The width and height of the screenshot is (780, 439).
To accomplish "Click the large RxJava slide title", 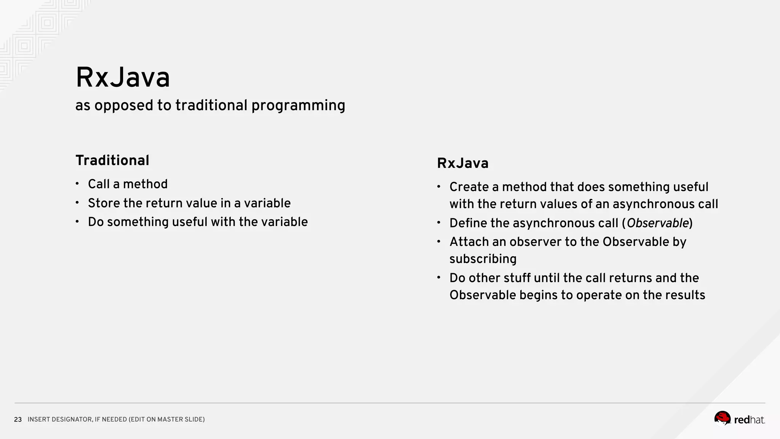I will pos(123,78).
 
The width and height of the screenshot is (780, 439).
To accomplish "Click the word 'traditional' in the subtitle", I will pos(211,105).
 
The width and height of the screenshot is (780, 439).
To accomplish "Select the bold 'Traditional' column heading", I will pos(112,160).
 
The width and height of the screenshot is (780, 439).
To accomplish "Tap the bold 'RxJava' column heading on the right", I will pos(463,163).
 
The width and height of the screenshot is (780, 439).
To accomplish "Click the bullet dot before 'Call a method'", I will pos(77,184).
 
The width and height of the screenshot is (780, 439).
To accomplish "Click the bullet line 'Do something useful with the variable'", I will pos(198,222).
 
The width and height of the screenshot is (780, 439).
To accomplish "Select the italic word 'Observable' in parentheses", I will pos(658,223).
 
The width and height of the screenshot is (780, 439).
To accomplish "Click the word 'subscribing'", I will pos(483,259).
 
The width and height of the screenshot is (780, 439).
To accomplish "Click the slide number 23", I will pos(18,420).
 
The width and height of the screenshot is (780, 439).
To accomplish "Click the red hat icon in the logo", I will pos(722,418).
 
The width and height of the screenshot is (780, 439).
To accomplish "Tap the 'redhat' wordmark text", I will pos(749,420).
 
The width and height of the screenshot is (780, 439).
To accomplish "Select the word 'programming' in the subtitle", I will pos(298,106).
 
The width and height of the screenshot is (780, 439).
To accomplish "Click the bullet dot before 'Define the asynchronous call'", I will pos(439,223).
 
